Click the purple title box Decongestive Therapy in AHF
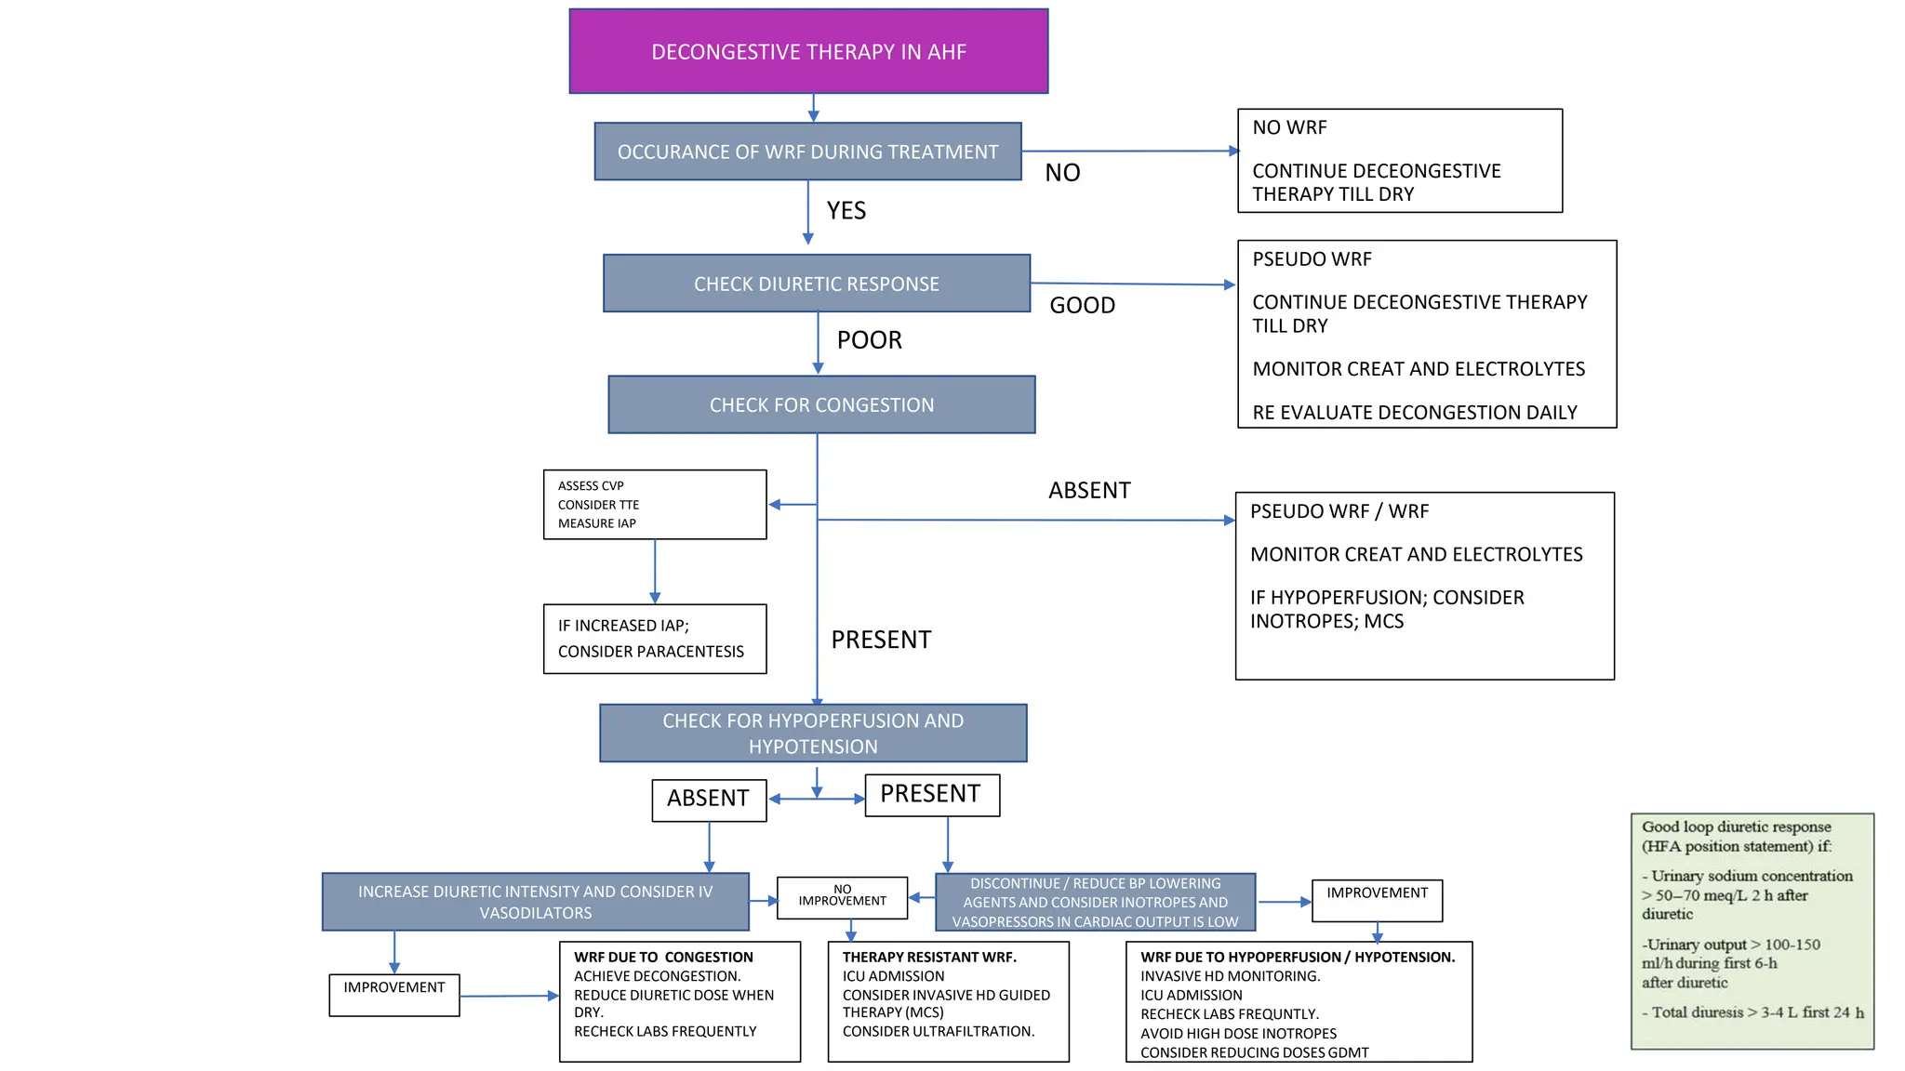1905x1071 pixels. point(808,51)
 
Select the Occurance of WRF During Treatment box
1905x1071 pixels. point(807,152)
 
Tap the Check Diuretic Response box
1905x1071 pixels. point(816,284)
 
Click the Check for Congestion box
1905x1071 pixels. point(821,404)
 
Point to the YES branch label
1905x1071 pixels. point(846,211)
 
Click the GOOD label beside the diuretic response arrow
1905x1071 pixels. point(1082,305)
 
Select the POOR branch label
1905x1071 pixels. point(869,340)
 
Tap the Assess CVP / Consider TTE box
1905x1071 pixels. point(654,505)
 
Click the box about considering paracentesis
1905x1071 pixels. point(654,639)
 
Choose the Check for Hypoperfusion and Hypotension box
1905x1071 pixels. point(813,734)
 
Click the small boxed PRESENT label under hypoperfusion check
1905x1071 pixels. point(931,795)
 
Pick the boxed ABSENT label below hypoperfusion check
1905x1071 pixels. point(709,800)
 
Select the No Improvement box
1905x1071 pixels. point(842,897)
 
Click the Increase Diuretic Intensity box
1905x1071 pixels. point(535,902)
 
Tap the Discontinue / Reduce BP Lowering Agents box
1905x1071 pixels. point(1095,902)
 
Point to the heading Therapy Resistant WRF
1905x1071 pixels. point(928,957)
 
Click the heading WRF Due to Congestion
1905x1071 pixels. point(663,957)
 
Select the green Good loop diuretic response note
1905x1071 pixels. point(1752,931)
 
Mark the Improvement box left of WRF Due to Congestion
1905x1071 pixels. point(394,994)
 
